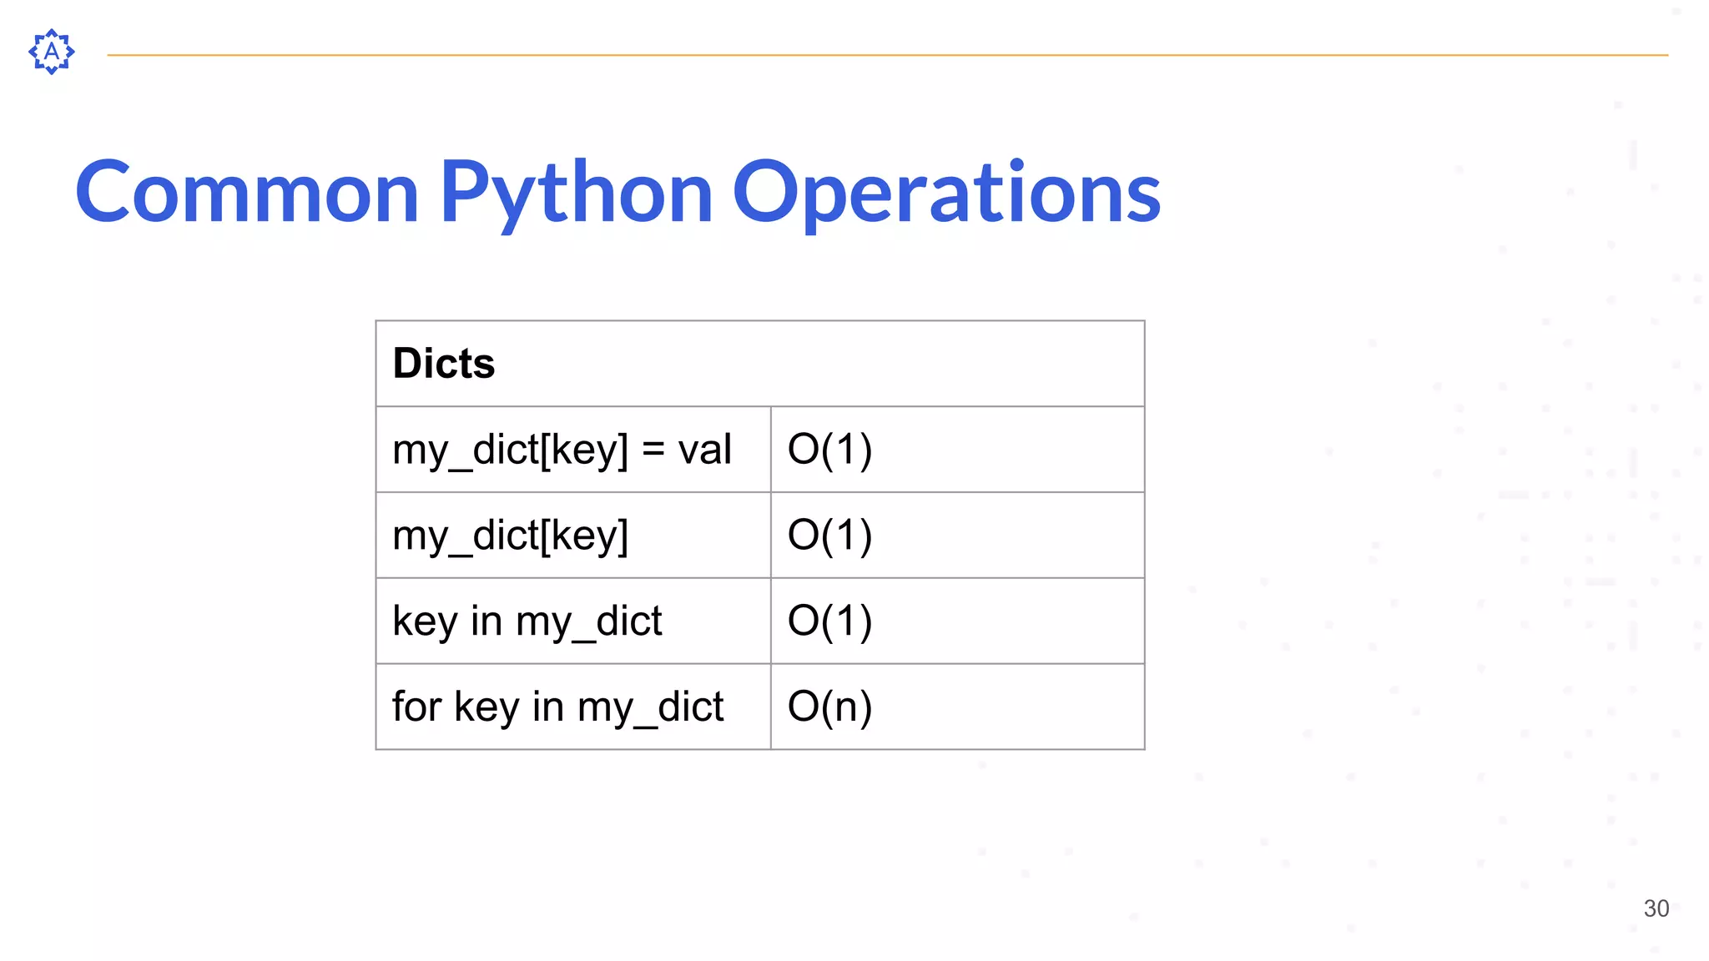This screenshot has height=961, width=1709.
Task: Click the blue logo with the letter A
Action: pyautogui.click(x=52, y=52)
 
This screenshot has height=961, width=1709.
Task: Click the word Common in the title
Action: pyautogui.click(x=247, y=193)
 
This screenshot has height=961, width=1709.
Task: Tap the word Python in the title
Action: pyautogui.click(x=576, y=193)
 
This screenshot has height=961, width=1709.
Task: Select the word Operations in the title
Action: pyautogui.click(x=946, y=193)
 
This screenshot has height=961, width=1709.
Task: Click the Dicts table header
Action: pyautogui.click(x=444, y=364)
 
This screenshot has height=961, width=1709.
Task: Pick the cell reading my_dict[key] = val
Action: pyautogui.click(x=562, y=450)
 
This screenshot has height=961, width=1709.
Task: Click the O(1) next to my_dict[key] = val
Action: pyautogui.click(x=829, y=450)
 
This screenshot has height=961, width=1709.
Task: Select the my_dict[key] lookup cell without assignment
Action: pyautogui.click(x=510, y=536)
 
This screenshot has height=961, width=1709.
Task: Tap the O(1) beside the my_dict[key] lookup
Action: pyautogui.click(x=829, y=536)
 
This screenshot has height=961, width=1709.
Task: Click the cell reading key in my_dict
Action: pyautogui.click(x=527, y=621)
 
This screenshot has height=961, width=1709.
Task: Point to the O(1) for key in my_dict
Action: pyautogui.click(x=829, y=621)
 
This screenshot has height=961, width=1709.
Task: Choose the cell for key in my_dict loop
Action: pyautogui.click(x=557, y=707)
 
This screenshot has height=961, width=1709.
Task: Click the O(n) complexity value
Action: pyautogui.click(x=829, y=707)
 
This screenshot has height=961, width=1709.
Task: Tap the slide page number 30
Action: pyautogui.click(x=1656, y=908)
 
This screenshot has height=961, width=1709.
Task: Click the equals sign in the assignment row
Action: pyautogui.click(x=653, y=450)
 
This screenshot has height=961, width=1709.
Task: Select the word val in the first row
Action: pyautogui.click(x=704, y=450)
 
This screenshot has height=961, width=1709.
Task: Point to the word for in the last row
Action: pyautogui.click(x=416, y=707)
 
